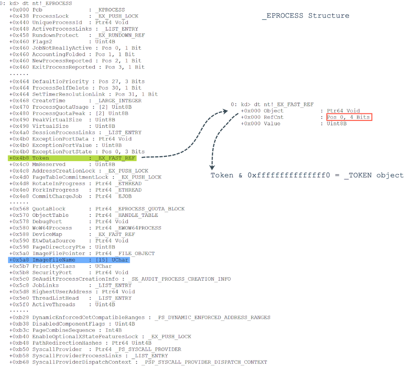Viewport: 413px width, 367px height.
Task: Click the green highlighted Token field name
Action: point(41,158)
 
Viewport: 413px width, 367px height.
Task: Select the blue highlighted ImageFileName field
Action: point(54,260)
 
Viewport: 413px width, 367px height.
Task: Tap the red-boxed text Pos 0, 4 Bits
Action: point(349,117)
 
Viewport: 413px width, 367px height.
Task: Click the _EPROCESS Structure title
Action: point(306,16)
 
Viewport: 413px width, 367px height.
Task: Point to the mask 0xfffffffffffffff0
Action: point(289,175)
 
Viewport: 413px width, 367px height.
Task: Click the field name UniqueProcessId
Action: point(57,23)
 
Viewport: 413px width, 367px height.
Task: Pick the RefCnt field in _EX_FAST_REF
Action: point(274,117)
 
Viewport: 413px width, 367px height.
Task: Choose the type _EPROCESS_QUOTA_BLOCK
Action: point(150,209)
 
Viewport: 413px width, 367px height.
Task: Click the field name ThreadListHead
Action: point(55,298)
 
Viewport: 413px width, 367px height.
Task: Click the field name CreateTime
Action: point(49,101)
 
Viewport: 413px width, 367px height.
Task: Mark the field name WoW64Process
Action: point(52,228)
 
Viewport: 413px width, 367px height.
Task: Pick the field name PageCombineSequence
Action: point(64,330)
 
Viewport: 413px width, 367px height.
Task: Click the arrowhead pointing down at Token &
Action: point(212,168)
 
